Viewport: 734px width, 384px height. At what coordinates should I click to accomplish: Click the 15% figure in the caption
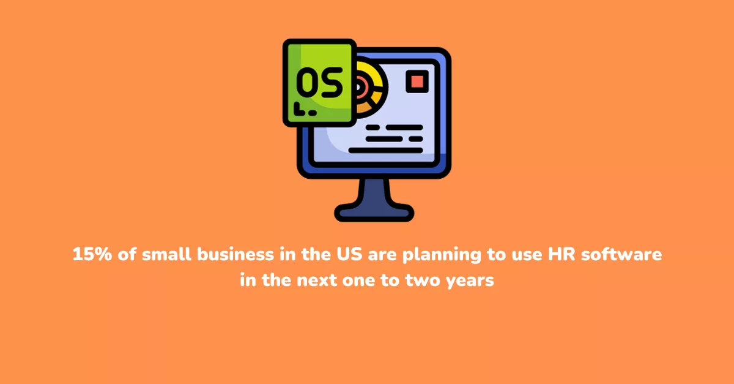tap(92, 254)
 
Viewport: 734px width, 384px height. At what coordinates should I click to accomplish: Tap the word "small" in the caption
tap(166, 254)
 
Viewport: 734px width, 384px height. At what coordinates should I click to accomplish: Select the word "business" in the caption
tap(235, 254)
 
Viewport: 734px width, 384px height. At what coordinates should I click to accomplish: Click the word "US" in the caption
tap(349, 254)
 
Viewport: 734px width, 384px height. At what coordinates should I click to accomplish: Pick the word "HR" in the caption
tap(562, 254)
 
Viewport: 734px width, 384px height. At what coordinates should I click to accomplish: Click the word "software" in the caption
tap(621, 254)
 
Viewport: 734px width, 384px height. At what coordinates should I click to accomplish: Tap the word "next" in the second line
tap(317, 280)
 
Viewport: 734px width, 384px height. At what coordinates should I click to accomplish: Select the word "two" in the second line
tap(423, 280)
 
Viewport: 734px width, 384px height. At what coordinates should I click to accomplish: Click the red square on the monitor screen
tap(417, 81)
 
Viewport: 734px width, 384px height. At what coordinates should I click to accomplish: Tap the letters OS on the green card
tap(319, 83)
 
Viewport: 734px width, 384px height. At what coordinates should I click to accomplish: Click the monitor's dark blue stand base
tap(374, 213)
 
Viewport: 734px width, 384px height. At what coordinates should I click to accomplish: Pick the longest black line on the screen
tap(385, 150)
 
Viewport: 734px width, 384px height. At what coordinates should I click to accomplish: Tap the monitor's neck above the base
tap(374, 191)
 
